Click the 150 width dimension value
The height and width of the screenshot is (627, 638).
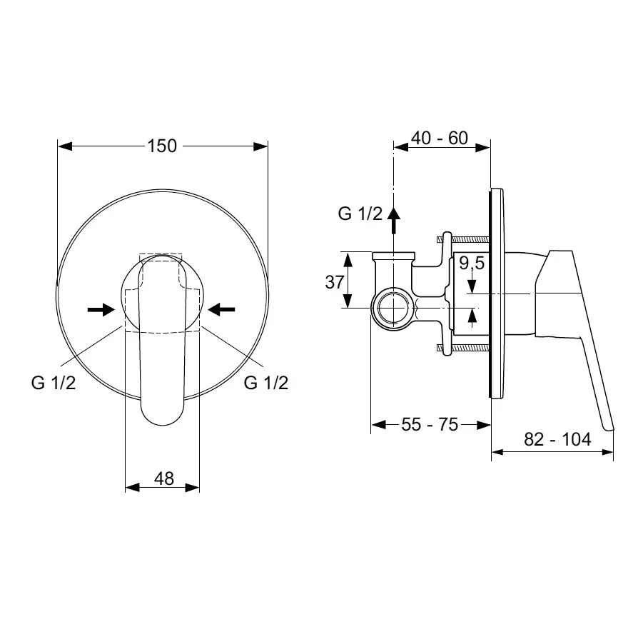pyautogui.click(x=162, y=146)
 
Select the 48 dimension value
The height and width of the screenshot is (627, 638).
pyautogui.click(x=164, y=478)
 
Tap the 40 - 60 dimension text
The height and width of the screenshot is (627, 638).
pyautogui.click(x=440, y=138)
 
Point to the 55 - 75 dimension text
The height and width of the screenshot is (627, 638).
pyautogui.click(x=430, y=424)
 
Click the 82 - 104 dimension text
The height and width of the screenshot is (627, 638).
pyautogui.click(x=557, y=439)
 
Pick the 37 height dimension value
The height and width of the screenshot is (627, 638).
pyautogui.click(x=335, y=282)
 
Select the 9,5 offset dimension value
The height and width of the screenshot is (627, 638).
pyautogui.click(x=472, y=263)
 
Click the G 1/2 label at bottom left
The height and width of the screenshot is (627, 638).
pyautogui.click(x=54, y=383)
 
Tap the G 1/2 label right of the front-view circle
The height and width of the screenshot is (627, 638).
pyautogui.click(x=266, y=383)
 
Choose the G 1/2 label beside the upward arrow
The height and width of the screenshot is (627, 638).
pyautogui.click(x=360, y=214)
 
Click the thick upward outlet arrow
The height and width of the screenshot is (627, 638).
pyautogui.click(x=393, y=220)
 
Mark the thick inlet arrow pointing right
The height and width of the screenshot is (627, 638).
pyautogui.click(x=101, y=309)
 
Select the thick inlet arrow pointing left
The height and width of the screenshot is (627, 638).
pyautogui.click(x=221, y=309)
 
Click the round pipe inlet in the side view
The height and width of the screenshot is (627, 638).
pyautogui.click(x=393, y=309)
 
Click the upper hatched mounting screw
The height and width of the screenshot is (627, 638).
pyautogui.click(x=463, y=239)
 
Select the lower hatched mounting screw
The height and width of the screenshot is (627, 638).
pyautogui.click(x=463, y=348)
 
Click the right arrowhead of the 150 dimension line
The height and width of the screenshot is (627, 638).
pyautogui.click(x=260, y=146)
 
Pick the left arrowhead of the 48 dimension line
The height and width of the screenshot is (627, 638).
pyautogui.click(x=133, y=487)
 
